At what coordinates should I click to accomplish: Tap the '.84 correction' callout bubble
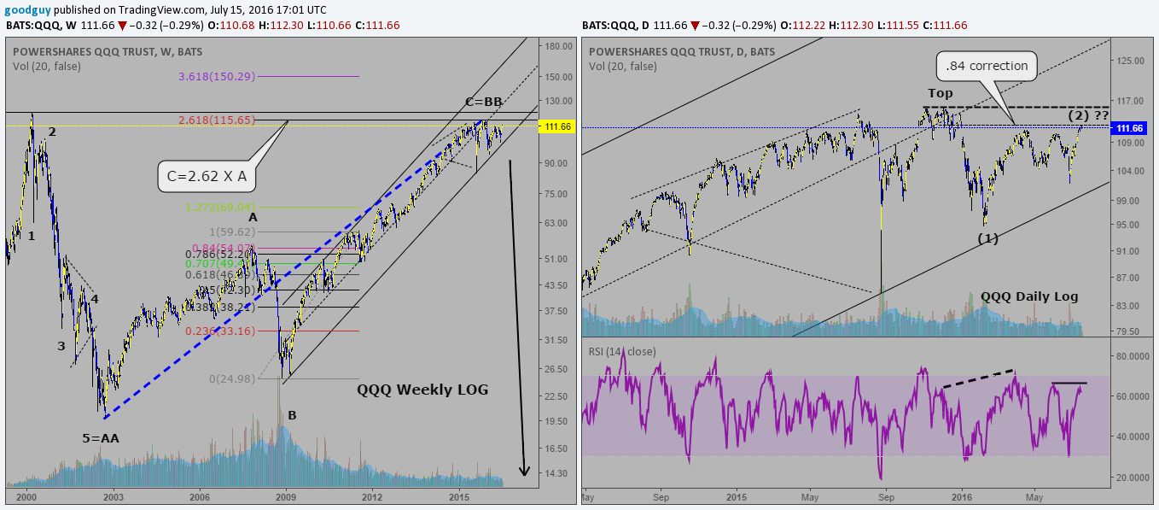click(987, 65)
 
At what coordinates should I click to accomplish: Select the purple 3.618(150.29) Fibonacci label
click(217, 77)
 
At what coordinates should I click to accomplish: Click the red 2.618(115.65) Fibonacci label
click(217, 120)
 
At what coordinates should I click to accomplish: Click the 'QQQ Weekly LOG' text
click(422, 390)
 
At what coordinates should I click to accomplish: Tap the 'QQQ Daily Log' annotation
click(1029, 296)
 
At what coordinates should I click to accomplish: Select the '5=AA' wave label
click(101, 438)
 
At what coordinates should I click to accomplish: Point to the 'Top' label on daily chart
click(940, 93)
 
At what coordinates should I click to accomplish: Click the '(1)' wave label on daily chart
click(988, 238)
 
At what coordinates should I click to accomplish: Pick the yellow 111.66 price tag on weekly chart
click(556, 126)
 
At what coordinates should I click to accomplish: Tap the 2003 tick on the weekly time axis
click(114, 495)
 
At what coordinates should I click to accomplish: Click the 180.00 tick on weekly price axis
click(559, 46)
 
